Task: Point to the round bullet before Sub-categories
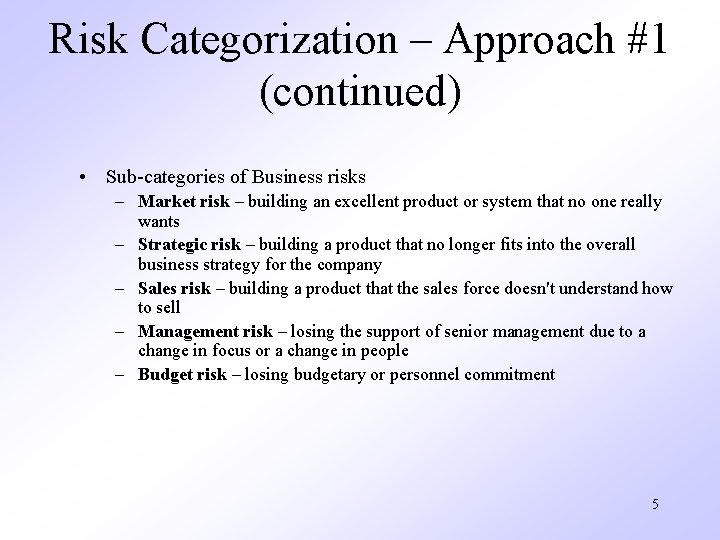click(89, 177)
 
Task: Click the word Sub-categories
click(161, 177)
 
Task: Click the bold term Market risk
click(183, 202)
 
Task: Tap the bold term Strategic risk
click(189, 244)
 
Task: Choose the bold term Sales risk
click(174, 288)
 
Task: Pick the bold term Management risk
click(204, 331)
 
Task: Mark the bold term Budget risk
click(182, 374)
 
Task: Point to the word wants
click(158, 221)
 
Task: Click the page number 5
click(654, 503)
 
